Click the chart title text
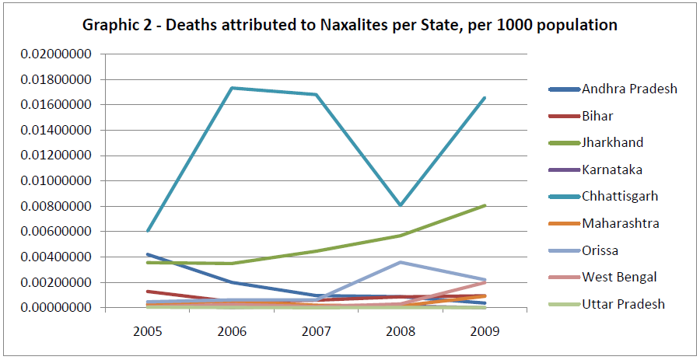coord(350,25)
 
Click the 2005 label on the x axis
coord(148,330)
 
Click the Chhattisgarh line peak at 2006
coord(233,88)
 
